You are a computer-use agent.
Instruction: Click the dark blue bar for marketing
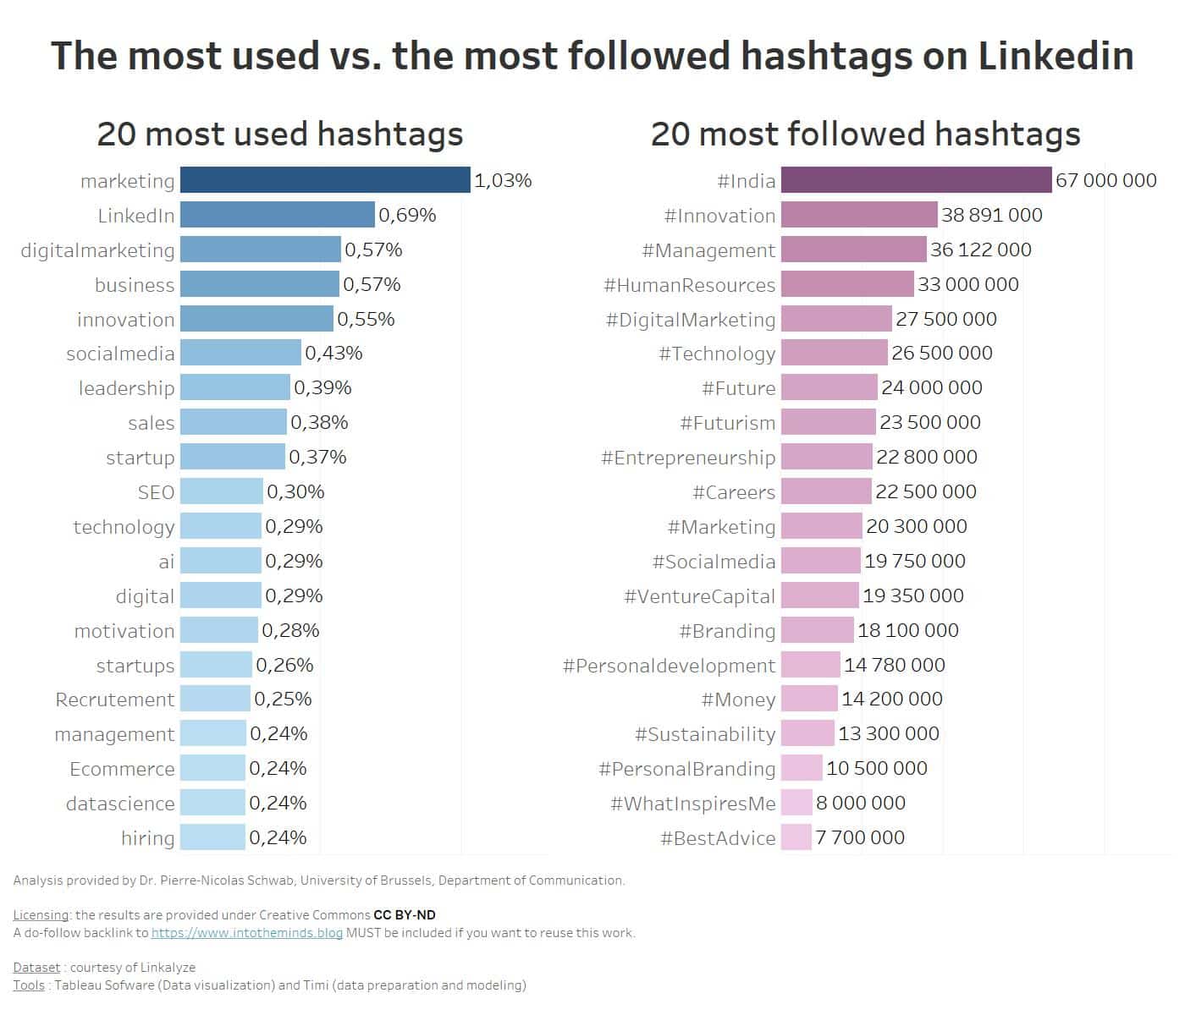(x=325, y=180)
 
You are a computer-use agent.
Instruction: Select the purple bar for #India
(x=916, y=180)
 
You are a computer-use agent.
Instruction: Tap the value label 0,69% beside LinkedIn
(x=407, y=215)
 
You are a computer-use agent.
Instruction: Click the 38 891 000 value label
(x=991, y=215)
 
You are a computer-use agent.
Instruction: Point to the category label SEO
(x=156, y=492)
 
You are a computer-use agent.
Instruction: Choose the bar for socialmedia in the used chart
(x=240, y=353)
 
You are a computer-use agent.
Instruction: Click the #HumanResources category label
(x=689, y=285)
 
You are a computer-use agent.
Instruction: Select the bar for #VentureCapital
(x=819, y=595)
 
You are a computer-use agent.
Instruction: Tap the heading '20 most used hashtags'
(x=279, y=134)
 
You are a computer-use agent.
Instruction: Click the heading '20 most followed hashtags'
(x=865, y=134)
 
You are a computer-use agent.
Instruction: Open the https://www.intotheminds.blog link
(x=247, y=933)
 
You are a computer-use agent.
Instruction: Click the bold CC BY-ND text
(x=405, y=915)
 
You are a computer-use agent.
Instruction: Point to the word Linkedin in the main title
(x=1055, y=56)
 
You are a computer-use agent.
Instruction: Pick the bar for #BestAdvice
(x=796, y=837)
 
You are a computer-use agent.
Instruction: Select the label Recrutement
(x=115, y=700)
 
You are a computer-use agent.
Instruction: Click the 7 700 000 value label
(x=860, y=837)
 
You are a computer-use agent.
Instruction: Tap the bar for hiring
(x=212, y=837)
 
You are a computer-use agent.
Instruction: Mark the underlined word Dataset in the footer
(x=36, y=968)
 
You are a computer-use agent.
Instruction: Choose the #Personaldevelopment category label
(x=669, y=666)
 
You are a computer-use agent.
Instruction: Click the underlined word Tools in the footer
(x=29, y=985)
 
